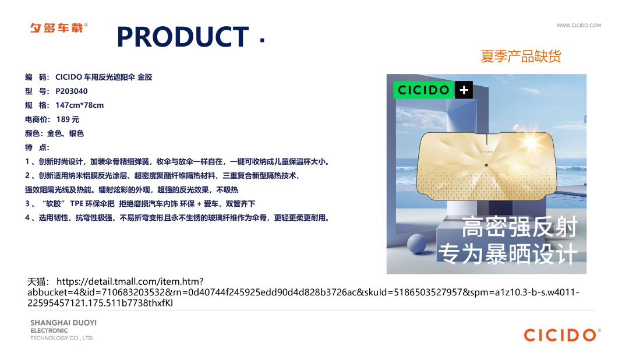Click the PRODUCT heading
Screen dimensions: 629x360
[182, 37]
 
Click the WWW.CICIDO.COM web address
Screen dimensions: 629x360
[578, 25]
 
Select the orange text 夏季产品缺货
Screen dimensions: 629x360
[521, 56]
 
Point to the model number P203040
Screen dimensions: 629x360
[72, 91]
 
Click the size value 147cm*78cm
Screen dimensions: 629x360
[79, 105]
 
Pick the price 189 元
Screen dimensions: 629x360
[68, 119]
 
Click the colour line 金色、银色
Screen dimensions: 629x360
[65, 133]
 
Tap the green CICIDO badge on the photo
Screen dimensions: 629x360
[423, 90]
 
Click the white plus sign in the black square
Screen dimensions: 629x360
[464, 90]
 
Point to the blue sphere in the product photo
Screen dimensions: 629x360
[417, 243]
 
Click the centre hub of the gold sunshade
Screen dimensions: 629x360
[486, 165]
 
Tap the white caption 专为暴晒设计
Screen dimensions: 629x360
[508, 253]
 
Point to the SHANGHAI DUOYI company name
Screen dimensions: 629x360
[63, 323]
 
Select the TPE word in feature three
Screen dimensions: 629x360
[77, 204]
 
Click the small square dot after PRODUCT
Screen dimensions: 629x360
[262, 40]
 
